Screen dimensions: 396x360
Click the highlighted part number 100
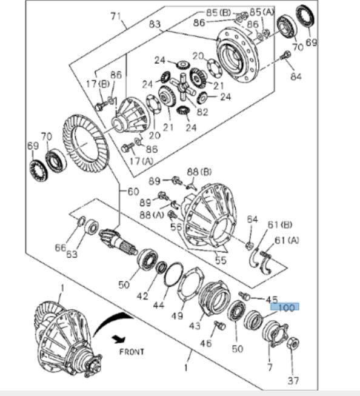pyautogui.click(x=286, y=308)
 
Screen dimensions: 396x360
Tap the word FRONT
pyautogui.click(x=132, y=351)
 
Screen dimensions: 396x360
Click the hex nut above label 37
pyautogui.click(x=292, y=344)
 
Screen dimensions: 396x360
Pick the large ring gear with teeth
pyautogui.click(x=85, y=146)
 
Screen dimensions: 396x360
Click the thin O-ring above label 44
pyautogui.click(x=174, y=274)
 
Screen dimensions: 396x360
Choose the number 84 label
pyautogui.click(x=295, y=76)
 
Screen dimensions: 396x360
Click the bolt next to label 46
pyautogui.click(x=219, y=326)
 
